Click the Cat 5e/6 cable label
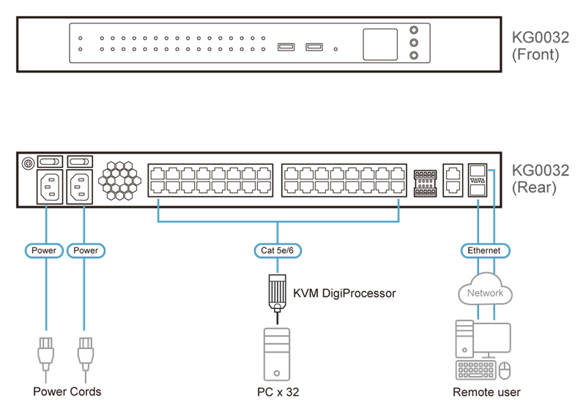click(x=278, y=250)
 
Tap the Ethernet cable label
click(x=485, y=250)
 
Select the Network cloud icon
click(x=485, y=289)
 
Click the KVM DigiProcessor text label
click(x=344, y=293)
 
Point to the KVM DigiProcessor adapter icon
click(x=278, y=294)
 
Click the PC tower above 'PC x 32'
click(x=277, y=354)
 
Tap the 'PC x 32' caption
click(x=278, y=392)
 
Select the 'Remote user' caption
click(x=486, y=392)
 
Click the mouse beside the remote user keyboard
click(x=505, y=370)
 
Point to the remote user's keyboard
click(x=475, y=370)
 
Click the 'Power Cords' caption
click(x=67, y=392)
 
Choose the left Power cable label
click(x=44, y=250)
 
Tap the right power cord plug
click(x=86, y=355)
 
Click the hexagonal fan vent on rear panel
click(x=119, y=181)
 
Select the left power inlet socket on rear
click(x=50, y=187)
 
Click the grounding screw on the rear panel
click(x=29, y=163)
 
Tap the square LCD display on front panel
click(x=380, y=45)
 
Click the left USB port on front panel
click(x=286, y=47)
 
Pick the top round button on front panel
click(x=414, y=30)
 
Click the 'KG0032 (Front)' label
click(x=540, y=46)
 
